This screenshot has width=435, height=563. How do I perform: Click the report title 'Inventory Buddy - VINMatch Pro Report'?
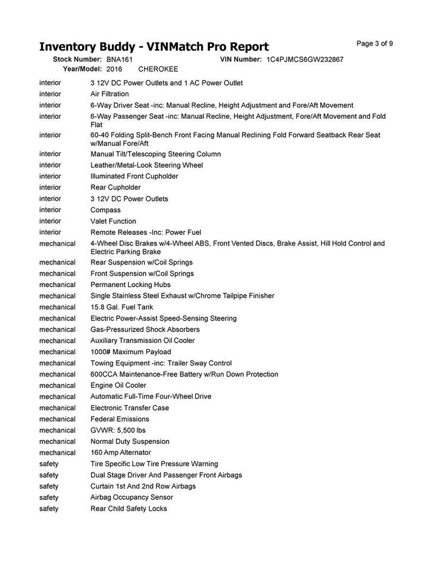(x=154, y=46)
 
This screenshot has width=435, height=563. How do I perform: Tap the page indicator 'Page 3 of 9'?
(x=375, y=44)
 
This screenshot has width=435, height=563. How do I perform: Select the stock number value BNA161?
(x=119, y=59)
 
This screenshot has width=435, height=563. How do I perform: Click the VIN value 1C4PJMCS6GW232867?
(x=305, y=59)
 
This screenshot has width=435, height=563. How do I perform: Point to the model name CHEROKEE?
(x=158, y=69)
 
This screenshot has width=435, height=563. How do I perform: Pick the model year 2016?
(x=114, y=69)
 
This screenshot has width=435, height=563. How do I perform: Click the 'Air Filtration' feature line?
(x=110, y=94)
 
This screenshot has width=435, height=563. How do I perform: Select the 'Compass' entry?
(x=105, y=210)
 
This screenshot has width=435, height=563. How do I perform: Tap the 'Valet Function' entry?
(x=113, y=221)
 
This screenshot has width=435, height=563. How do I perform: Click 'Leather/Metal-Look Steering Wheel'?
(x=146, y=165)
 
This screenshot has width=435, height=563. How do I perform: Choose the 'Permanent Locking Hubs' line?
(x=131, y=285)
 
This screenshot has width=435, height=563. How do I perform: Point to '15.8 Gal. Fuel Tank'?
(x=122, y=307)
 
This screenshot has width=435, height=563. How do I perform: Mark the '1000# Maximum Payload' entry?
(x=131, y=352)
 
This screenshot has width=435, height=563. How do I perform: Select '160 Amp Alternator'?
(x=120, y=453)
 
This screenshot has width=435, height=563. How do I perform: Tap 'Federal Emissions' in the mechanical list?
(x=120, y=419)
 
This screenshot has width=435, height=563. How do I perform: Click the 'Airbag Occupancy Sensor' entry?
(x=132, y=498)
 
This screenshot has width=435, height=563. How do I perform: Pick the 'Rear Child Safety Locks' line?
(x=129, y=509)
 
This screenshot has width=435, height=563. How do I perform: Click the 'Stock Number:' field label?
(x=77, y=59)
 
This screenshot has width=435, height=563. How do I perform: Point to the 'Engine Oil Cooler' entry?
(x=118, y=386)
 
